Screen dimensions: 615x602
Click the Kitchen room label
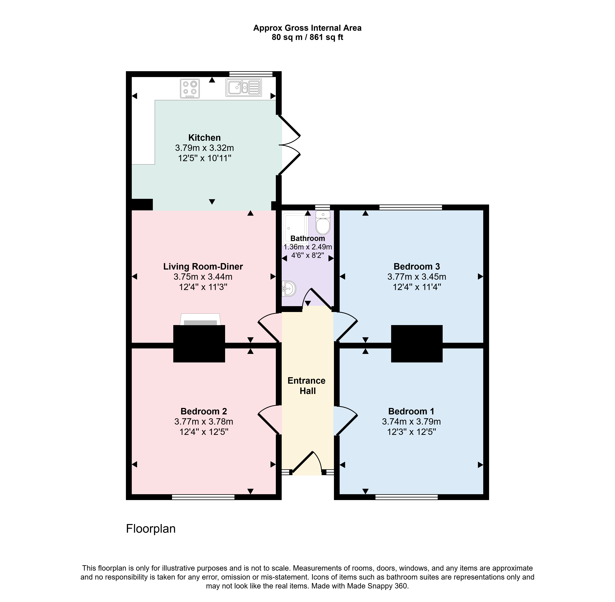point(204,137)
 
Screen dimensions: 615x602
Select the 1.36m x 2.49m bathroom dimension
point(308,247)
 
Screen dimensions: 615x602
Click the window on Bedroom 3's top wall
point(410,207)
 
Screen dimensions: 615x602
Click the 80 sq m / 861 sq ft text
point(307,37)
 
